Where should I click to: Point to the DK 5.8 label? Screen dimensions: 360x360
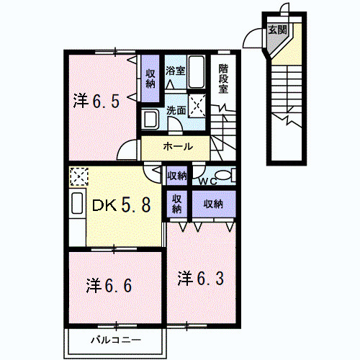click(121, 206)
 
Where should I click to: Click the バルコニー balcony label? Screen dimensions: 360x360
click(116, 339)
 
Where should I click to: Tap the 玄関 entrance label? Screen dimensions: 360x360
click(277, 30)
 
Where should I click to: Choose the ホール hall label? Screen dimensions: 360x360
click(177, 146)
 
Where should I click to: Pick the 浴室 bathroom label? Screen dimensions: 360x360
click(176, 71)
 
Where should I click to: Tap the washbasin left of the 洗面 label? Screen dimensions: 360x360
click(150, 117)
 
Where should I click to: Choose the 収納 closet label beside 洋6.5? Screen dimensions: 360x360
click(150, 78)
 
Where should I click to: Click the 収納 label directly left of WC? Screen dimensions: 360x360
click(177, 175)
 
